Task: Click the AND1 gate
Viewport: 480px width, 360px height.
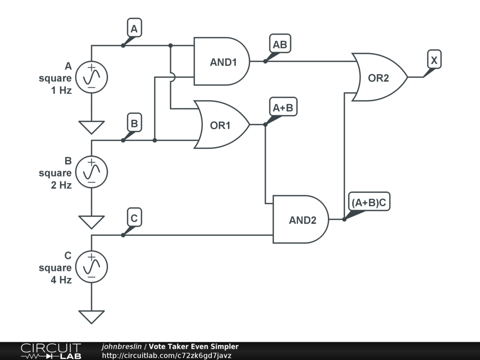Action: click(x=222, y=61)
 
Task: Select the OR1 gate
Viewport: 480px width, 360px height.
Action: click(x=222, y=125)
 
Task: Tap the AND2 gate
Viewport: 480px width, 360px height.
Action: click(x=301, y=219)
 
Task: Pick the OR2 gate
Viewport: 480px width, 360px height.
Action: click(x=380, y=77)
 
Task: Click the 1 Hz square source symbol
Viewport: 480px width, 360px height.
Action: click(x=91, y=77)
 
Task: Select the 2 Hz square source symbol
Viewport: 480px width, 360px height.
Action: click(x=91, y=172)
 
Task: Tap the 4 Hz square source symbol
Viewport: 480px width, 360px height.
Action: click(x=91, y=267)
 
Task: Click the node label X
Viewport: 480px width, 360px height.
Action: click(x=434, y=60)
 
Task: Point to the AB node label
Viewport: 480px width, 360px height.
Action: click(x=280, y=44)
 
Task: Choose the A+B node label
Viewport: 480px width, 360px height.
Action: click(x=283, y=107)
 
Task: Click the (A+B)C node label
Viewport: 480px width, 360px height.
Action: click(x=369, y=202)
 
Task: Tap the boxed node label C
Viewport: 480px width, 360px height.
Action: click(x=135, y=217)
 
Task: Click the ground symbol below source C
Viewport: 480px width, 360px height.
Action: click(x=91, y=317)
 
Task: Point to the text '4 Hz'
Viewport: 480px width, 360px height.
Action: click(x=61, y=280)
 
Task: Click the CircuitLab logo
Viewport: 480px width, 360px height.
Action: click(x=51, y=351)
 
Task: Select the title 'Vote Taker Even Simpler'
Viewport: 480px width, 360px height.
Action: click(x=194, y=346)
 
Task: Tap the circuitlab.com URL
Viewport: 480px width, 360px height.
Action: click(x=167, y=355)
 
